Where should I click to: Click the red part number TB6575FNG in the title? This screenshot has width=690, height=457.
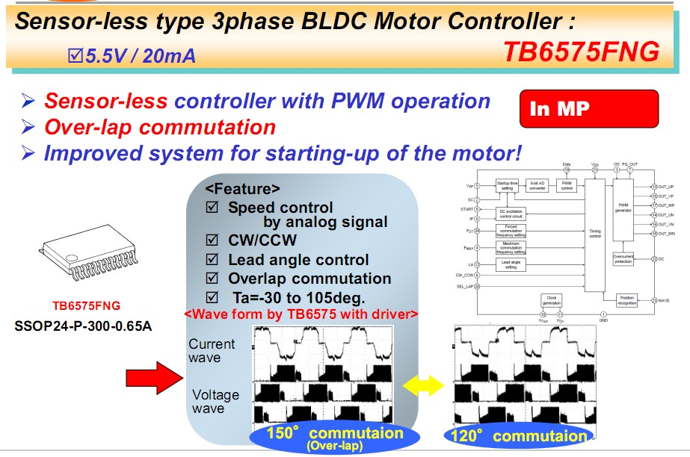coord(581,51)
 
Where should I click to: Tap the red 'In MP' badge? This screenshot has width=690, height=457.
coord(588,109)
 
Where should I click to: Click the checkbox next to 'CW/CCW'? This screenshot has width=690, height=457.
coord(212,241)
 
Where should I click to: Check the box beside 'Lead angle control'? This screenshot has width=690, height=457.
coord(212,260)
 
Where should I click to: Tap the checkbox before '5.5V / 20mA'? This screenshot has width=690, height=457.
coord(75,55)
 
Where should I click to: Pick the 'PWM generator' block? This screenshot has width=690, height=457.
coord(623,209)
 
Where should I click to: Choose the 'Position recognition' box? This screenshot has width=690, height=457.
coord(626,299)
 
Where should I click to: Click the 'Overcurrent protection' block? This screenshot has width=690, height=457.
coord(623,259)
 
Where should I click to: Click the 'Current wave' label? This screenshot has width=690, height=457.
coord(212,351)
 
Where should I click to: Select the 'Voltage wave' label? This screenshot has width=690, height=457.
coord(215,402)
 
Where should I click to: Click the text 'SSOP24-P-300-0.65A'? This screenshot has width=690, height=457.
coord(83,326)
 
